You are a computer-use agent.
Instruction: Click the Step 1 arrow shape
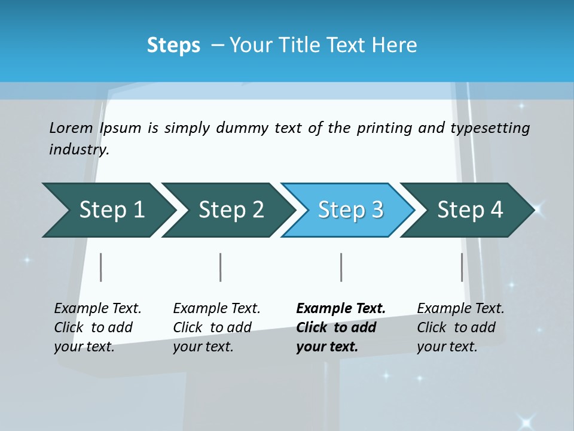click(108, 210)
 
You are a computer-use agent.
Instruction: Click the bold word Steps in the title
click(173, 45)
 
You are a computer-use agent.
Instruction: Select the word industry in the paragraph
click(78, 150)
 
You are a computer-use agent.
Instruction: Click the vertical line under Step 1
click(101, 267)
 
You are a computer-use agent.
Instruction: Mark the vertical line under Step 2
click(221, 267)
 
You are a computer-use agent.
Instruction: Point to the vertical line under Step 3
click(341, 267)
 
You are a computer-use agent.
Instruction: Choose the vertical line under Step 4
click(462, 267)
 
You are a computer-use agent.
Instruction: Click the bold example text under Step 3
click(341, 327)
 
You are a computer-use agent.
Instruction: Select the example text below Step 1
click(97, 327)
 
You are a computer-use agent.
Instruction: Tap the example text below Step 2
click(216, 327)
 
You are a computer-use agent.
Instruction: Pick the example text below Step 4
click(460, 327)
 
